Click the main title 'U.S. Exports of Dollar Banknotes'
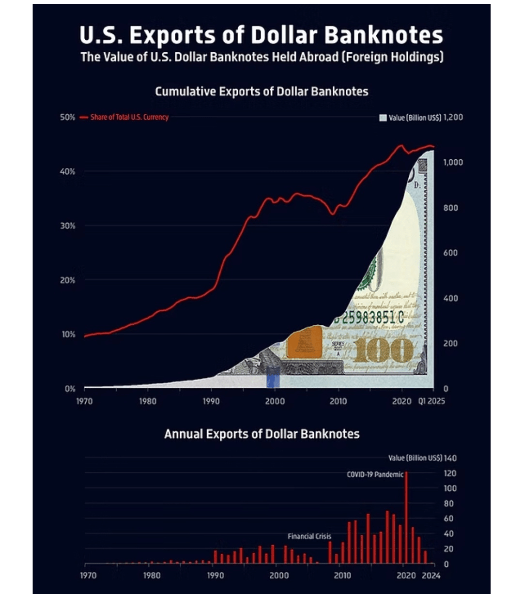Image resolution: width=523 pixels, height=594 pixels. [x=261, y=35]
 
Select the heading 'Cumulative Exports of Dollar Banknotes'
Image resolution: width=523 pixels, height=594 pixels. [x=261, y=91]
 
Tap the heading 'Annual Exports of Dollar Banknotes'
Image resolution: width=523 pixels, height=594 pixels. [x=261, y=433]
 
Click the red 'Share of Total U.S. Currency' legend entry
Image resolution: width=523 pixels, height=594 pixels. [x=124, y=117]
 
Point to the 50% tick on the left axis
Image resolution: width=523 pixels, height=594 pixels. [x=67, y=117]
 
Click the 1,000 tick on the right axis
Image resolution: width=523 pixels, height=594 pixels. [x=453, y=162]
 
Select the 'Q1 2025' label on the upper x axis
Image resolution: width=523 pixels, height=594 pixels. [x=431, y=401]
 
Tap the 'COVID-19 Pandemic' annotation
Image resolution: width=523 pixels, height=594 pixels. [x=375, y=474]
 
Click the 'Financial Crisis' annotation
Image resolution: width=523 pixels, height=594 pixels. [x=309, y=536]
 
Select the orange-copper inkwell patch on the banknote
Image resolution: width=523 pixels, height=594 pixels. [x=304, y=342]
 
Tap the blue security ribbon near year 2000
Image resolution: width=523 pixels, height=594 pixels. [x=273, y=377]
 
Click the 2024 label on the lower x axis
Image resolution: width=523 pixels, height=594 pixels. [x=431, y=575]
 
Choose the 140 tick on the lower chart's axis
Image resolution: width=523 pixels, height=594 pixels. [x=450, y=458]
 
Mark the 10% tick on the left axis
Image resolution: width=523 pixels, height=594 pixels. [x=67, y=334]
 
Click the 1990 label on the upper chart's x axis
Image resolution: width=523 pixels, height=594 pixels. [x=211, y=401]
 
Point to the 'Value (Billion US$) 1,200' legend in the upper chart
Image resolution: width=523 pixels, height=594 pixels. [x=421, y=117]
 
